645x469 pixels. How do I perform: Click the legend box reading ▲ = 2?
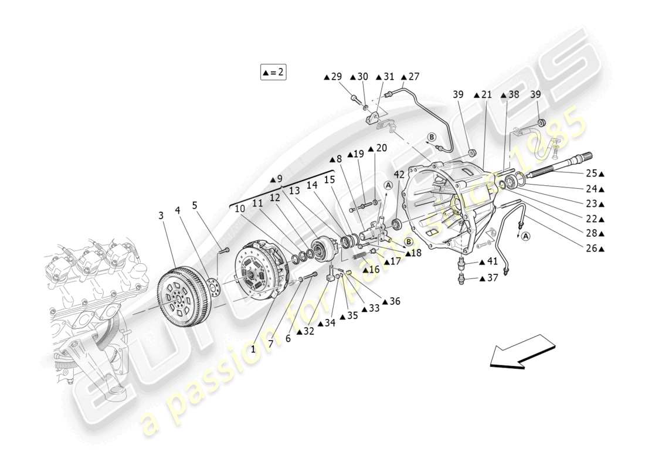(x=273, y=72)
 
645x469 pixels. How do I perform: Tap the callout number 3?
(x=161, y=216)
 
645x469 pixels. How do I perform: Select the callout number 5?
(x=195, y=205)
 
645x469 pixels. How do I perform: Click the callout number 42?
(x=399, y=174)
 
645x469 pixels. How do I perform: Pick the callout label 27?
(x=410, y=76)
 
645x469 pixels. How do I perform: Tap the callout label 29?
(x=332, y=76)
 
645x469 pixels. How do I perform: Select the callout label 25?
(x=594, y=174)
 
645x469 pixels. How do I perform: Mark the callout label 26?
(x=594, y=248)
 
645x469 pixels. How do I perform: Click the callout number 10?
(x=240, y=208)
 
